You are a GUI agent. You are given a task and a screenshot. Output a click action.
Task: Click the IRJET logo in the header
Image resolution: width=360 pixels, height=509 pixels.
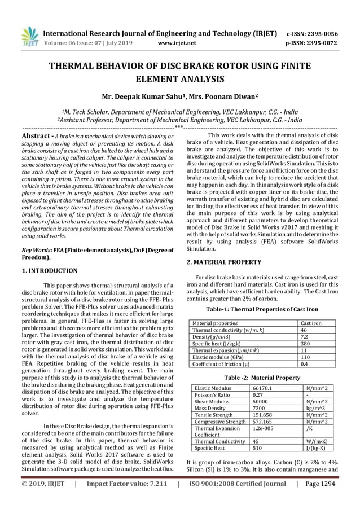[x=29, y=35]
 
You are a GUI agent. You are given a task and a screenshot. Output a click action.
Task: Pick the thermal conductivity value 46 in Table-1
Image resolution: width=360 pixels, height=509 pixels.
[x=305, y=330]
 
